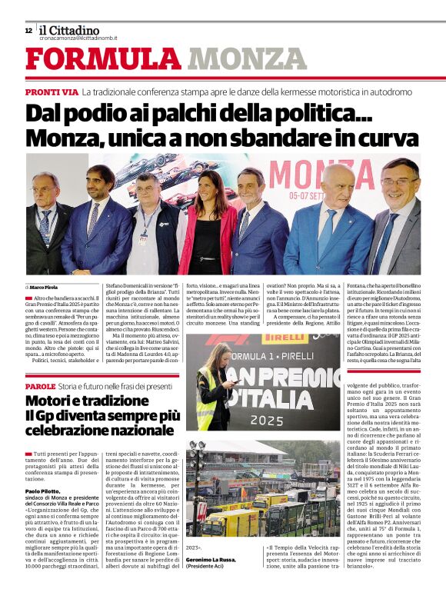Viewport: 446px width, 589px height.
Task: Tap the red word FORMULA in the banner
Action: click(x=104, y=60)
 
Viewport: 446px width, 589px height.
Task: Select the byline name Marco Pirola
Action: click(x=47, y=287)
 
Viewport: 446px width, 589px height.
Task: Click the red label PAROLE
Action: click(x=40, y=386)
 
